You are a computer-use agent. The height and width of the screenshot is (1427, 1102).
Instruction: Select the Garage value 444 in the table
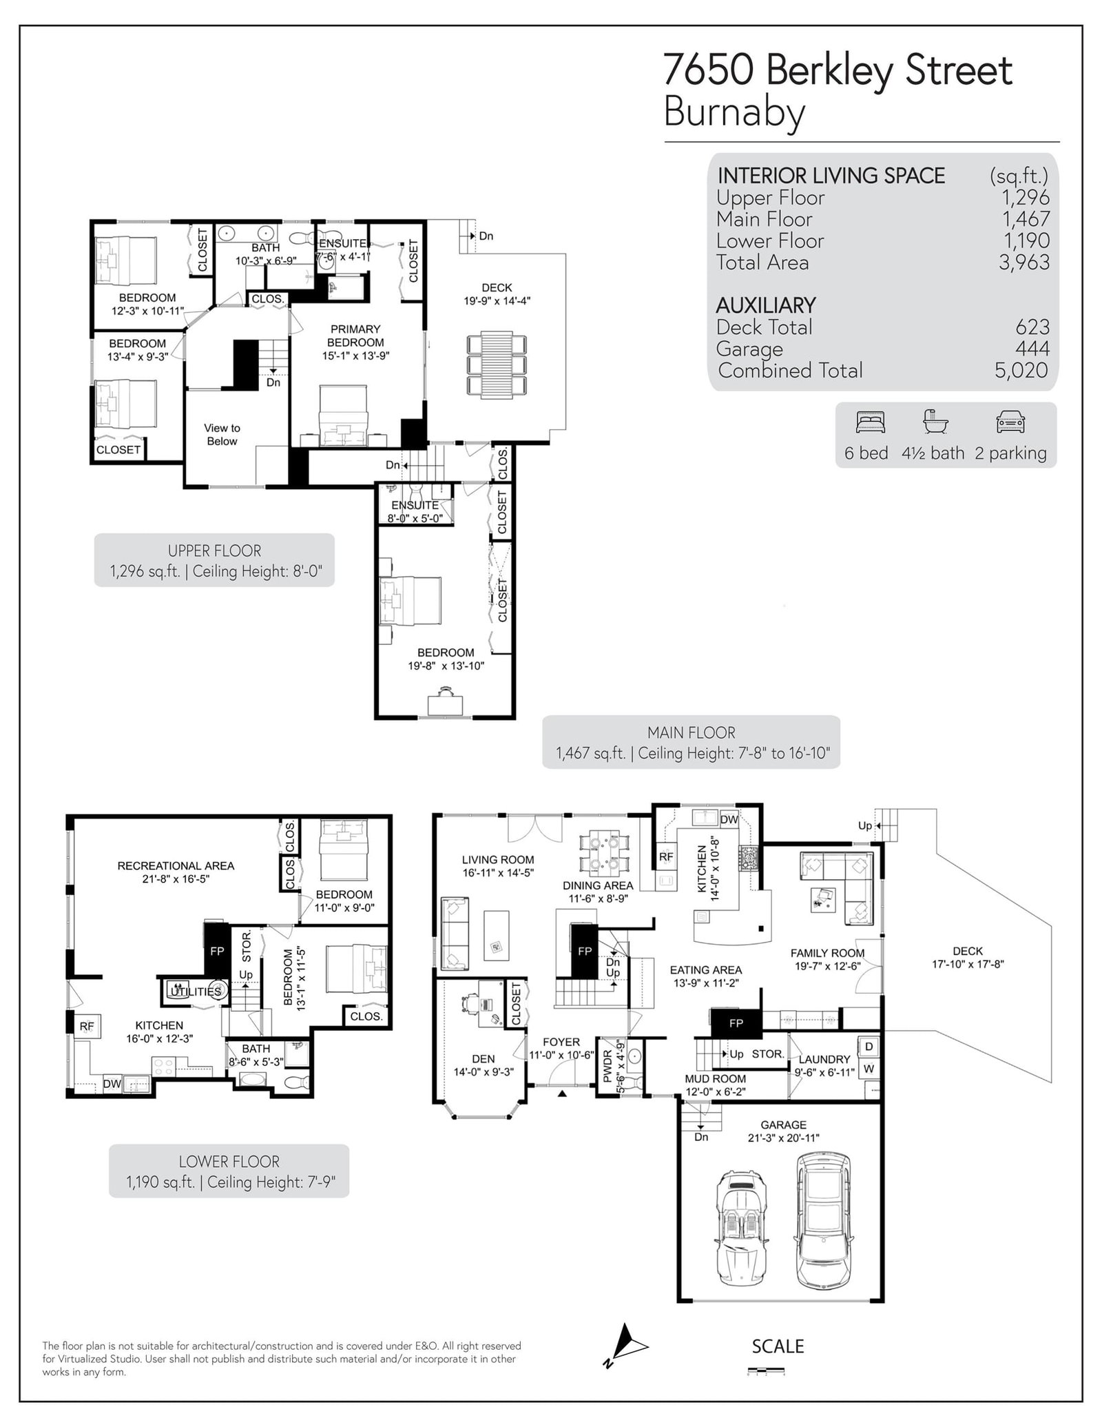point(1032,349)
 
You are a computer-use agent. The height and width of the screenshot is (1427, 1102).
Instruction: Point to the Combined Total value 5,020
point(1021,371)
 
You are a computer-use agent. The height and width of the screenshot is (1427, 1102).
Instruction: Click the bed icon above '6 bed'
point(870,422)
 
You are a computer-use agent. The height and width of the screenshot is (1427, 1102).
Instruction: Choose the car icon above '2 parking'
point(1010,422)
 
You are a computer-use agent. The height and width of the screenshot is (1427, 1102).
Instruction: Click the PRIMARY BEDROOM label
point(355,336)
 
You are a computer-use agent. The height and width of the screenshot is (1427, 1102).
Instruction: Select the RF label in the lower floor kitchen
point(87,1027)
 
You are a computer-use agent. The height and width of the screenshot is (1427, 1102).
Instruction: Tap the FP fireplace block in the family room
point(736,1024)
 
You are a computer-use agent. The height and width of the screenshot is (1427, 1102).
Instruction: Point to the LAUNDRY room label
point(824,1059)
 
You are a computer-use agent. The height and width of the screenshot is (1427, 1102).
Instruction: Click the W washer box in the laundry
point(869,1069)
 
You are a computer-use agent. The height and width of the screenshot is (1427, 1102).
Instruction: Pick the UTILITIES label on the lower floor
point(196,992)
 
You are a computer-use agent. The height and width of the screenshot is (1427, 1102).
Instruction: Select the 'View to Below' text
point(222,435)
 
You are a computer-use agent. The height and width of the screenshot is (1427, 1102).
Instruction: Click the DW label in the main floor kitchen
point(729,820)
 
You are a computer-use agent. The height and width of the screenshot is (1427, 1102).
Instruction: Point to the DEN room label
point(484,1058)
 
